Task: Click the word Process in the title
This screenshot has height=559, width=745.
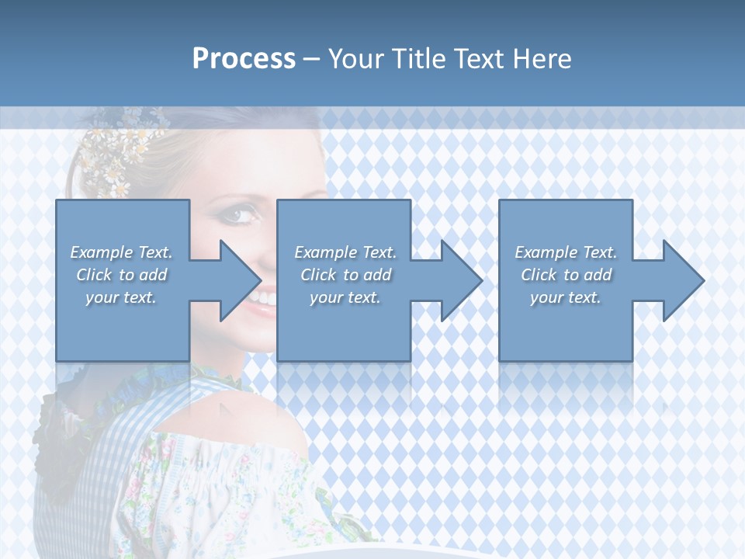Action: [244, 59]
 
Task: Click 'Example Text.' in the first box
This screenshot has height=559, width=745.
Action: [122, 252]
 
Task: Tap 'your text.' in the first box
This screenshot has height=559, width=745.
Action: [122, 297]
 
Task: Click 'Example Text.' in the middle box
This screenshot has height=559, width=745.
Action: [345, 252]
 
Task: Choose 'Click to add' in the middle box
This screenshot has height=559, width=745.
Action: [345, 275]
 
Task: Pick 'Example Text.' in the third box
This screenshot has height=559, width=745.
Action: [566, 252]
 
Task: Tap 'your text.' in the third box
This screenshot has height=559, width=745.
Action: [566, 297]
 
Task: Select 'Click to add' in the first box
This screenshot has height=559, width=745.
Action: [122, 275]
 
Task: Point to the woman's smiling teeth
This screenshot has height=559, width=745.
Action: [265, 297]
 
